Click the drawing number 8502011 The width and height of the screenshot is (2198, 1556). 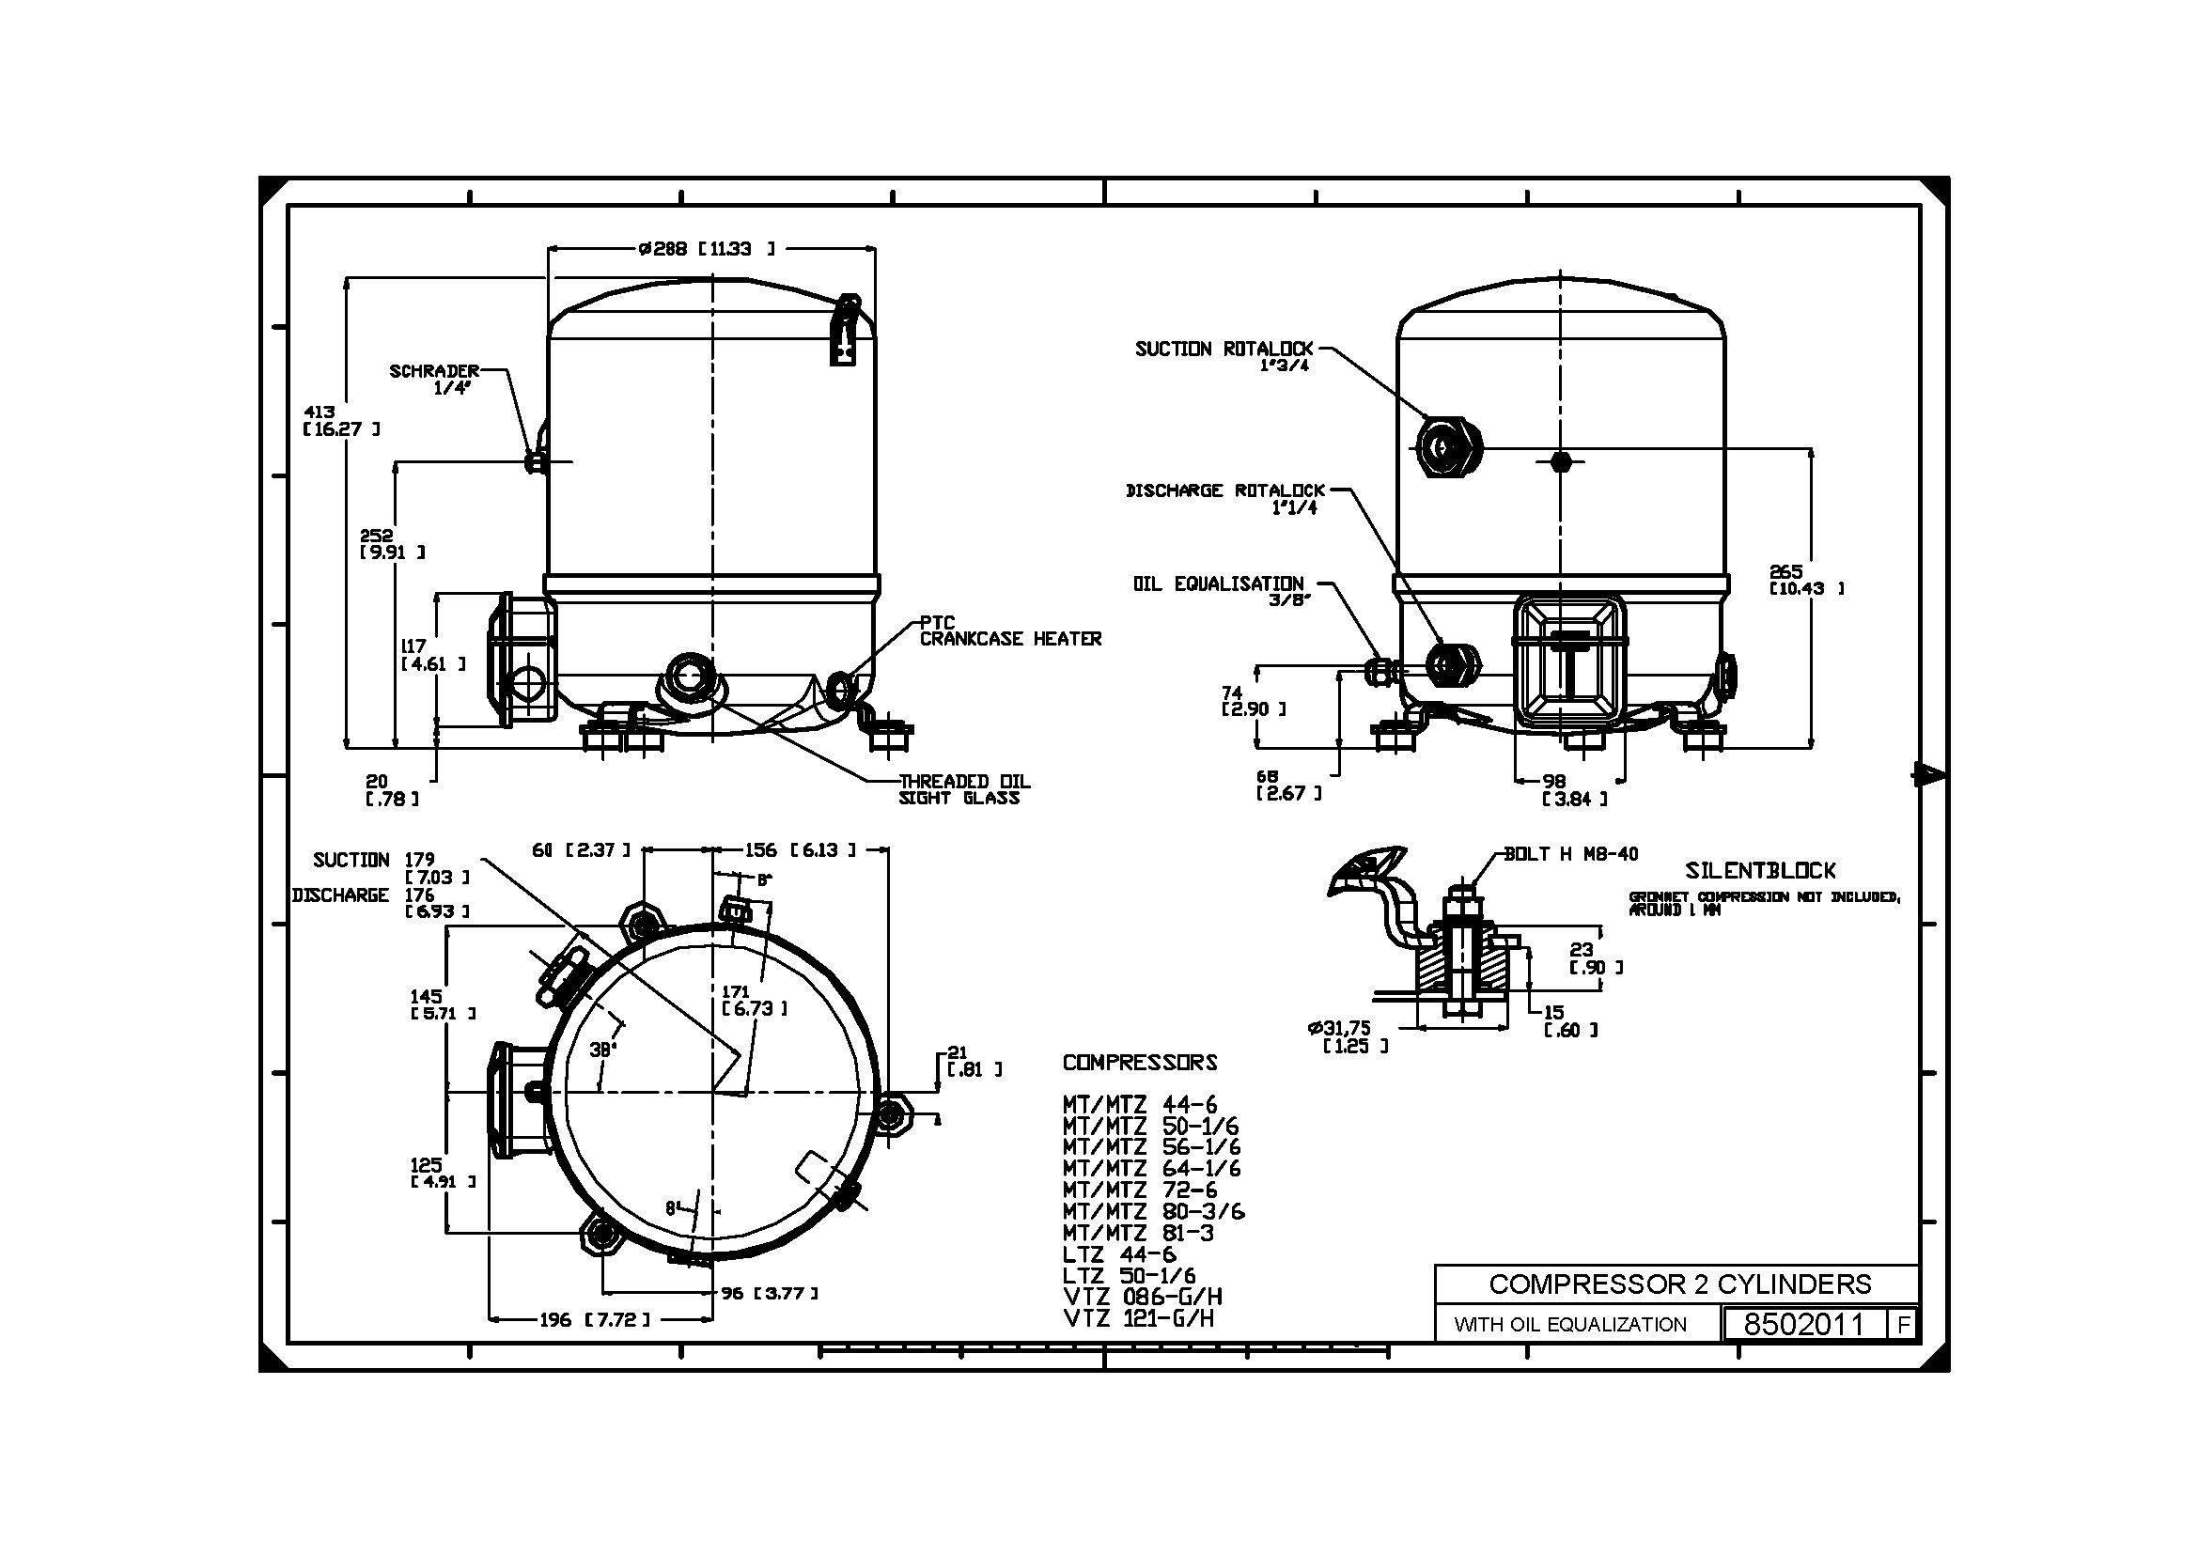(x=1803, y=1324)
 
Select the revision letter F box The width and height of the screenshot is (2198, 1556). (x=1903, y=1325)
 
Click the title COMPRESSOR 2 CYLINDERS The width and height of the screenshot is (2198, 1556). (x=1679, y=1284)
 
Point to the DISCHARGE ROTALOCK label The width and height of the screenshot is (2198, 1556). (x=1224, y=491)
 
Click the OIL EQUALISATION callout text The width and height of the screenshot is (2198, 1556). (x=1218, y=584)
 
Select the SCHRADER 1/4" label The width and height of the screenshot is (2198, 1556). (x=434, y=378)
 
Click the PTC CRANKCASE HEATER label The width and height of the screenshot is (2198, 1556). (x=1009, y=631)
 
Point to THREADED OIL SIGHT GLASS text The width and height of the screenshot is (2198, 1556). (x=963, y=789)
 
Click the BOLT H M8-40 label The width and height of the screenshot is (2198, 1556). (x=1570, y=854)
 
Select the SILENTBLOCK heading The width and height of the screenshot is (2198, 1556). (x=1760, y=871)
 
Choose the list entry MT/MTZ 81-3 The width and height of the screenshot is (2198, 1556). (x=1137, y=1233)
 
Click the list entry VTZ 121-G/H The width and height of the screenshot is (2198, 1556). (x=1137, y=1318)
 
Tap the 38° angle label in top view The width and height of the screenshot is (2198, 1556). (x=601, y=1050)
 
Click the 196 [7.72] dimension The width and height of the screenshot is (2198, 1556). (x=594, y=1320)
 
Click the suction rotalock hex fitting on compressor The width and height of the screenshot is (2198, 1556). (x=1448, y=447)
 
